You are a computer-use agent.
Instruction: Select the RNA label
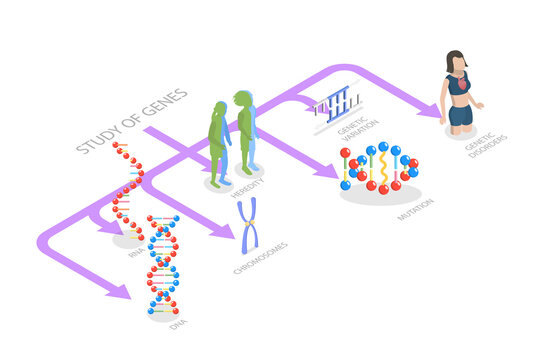(136, 254)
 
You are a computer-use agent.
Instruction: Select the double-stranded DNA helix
(163, 265)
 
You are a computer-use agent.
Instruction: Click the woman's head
(457, 59)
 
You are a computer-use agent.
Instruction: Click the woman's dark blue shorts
(460, 114)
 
